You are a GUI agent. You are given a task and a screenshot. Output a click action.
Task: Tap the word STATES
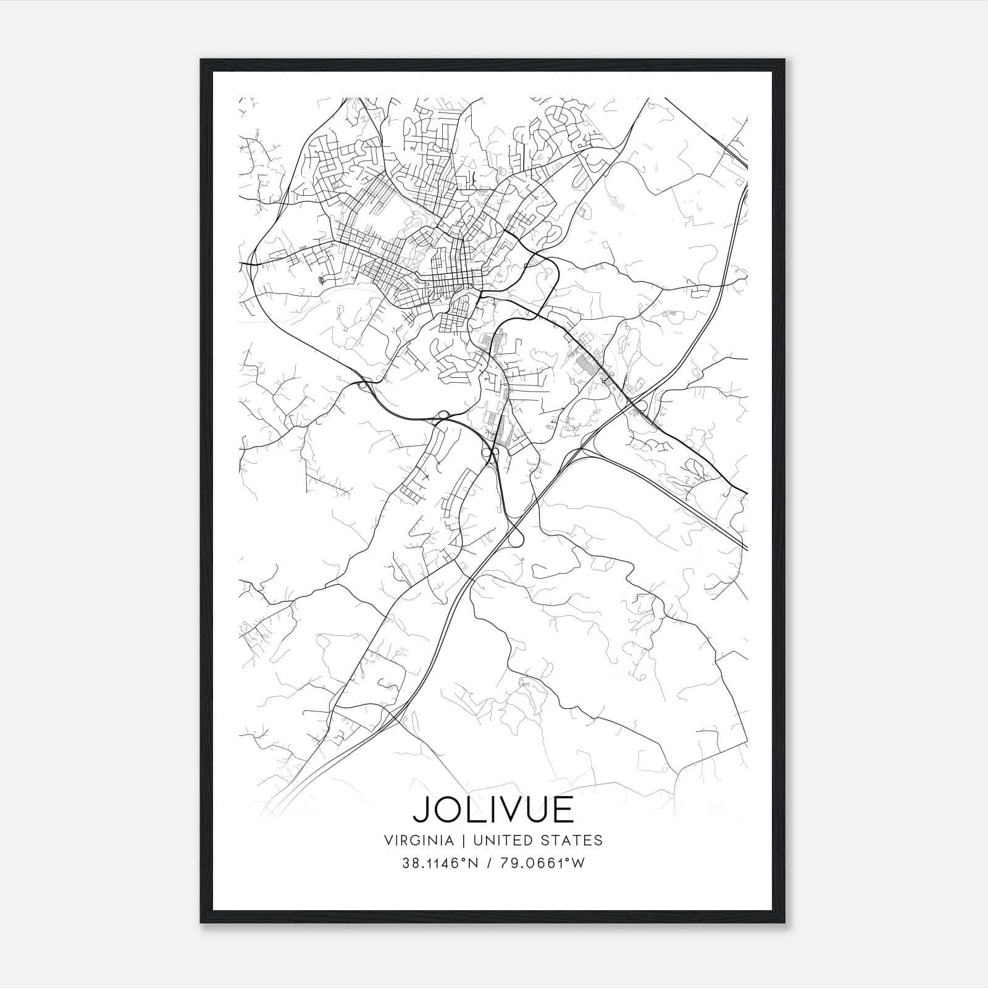click(574, 840)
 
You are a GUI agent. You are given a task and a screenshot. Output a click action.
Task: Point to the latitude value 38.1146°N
click(438, 863)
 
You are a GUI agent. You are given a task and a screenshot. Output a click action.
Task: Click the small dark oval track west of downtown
click(320, 281)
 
